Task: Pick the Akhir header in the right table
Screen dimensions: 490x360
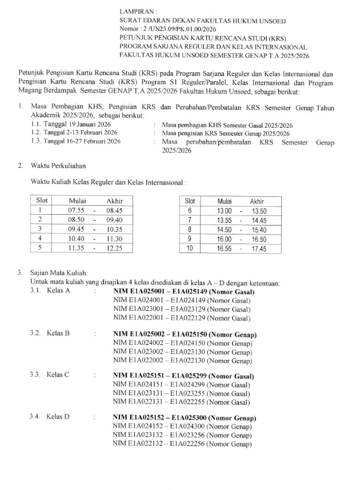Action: pos(257,201)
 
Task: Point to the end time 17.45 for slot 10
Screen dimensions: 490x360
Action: pos(258,248)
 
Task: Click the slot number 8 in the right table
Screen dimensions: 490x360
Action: pos(189,229)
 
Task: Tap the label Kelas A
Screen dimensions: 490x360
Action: pos(59,291)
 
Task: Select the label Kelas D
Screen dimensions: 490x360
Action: pos(59,417)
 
